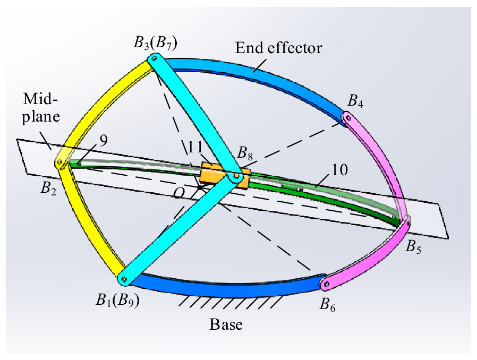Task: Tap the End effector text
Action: [278, 48]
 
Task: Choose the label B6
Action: [328, 304]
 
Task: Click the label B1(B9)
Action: [118, 300]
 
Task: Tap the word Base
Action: [226, 323]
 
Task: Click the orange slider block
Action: [225, 176]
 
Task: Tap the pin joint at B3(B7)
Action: [153, 61]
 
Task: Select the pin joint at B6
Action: [326, 285]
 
